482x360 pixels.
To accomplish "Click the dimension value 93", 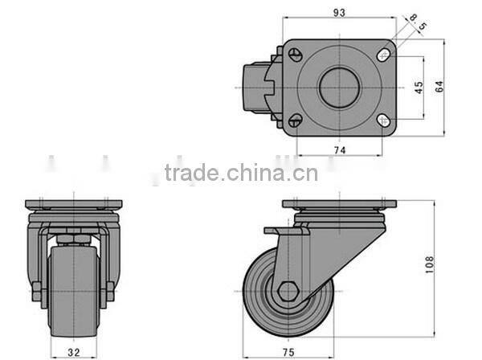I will click(x=341, y=12).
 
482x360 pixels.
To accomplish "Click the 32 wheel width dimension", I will click(x=73, y=350).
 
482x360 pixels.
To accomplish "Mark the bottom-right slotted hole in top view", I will click(x=384, y=121).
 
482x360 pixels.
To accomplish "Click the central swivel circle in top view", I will click(x=338, y=88).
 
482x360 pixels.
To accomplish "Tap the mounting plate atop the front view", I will click(x=73, y=202).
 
